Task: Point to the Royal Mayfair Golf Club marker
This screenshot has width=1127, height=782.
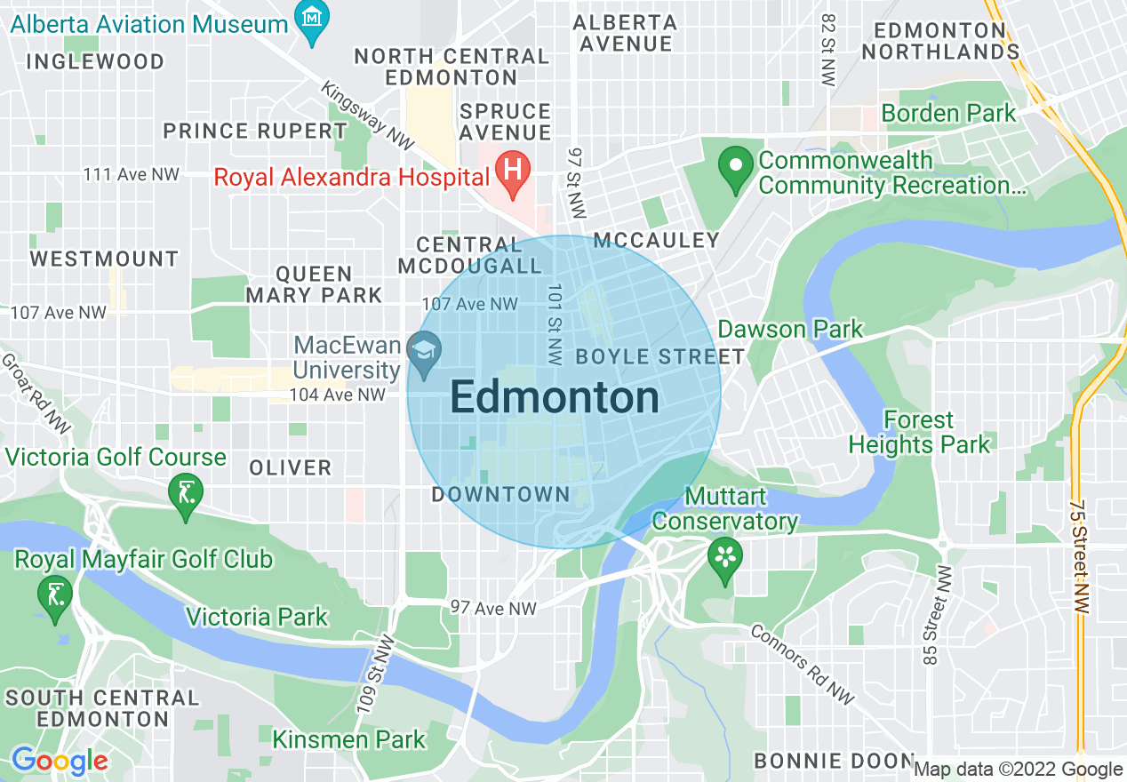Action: (55, 594)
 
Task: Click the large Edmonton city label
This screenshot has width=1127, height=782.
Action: (555, 398)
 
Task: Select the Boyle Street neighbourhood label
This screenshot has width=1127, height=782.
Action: (659, 357)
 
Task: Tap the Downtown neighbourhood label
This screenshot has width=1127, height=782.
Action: (500, 494)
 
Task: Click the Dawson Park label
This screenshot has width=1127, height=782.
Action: (789, 330)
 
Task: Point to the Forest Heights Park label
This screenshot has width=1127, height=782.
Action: (919, 432)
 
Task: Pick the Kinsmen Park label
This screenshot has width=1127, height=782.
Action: (348, 739)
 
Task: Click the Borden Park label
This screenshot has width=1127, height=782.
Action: (947, 114)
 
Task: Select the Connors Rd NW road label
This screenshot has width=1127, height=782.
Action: (802, 664)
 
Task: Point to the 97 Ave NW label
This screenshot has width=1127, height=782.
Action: (493, 608)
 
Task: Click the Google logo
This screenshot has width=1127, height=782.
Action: (59, 761)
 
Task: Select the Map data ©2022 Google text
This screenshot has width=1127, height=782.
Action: (1018, 770)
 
